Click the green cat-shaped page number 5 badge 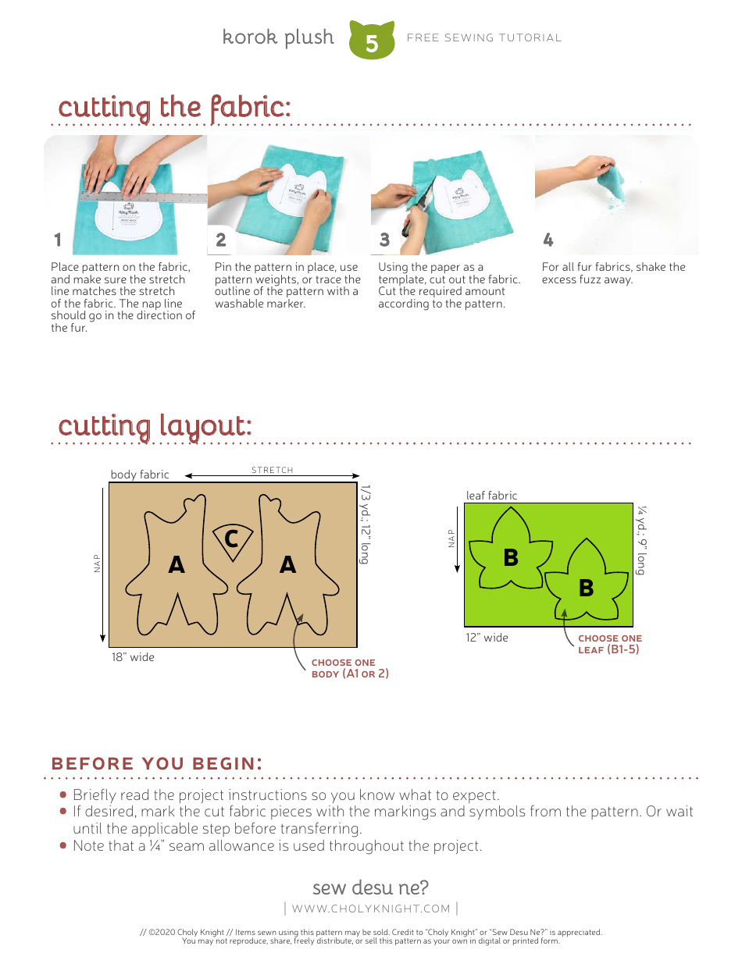click(372, 41)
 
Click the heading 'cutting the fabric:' click(174, 107)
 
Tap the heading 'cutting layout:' click(155, 426)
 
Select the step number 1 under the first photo click(58, 240)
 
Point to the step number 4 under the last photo click(548, 240)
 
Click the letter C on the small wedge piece click(231, 539)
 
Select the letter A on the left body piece click(177, 565)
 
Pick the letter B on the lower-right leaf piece click(586, 588)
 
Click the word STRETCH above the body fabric click(273, 470)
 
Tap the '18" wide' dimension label click(133, 657)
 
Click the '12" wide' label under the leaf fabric click(487, 638)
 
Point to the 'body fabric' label click(140, 475)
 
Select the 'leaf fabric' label click(491, 496)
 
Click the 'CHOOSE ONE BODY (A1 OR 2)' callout click(349, 668)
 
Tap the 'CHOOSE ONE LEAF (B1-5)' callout click(609, 644)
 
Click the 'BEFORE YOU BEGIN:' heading click(156, 763)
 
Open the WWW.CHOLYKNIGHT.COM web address click(371, 908)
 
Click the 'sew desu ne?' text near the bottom click(370, 887)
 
